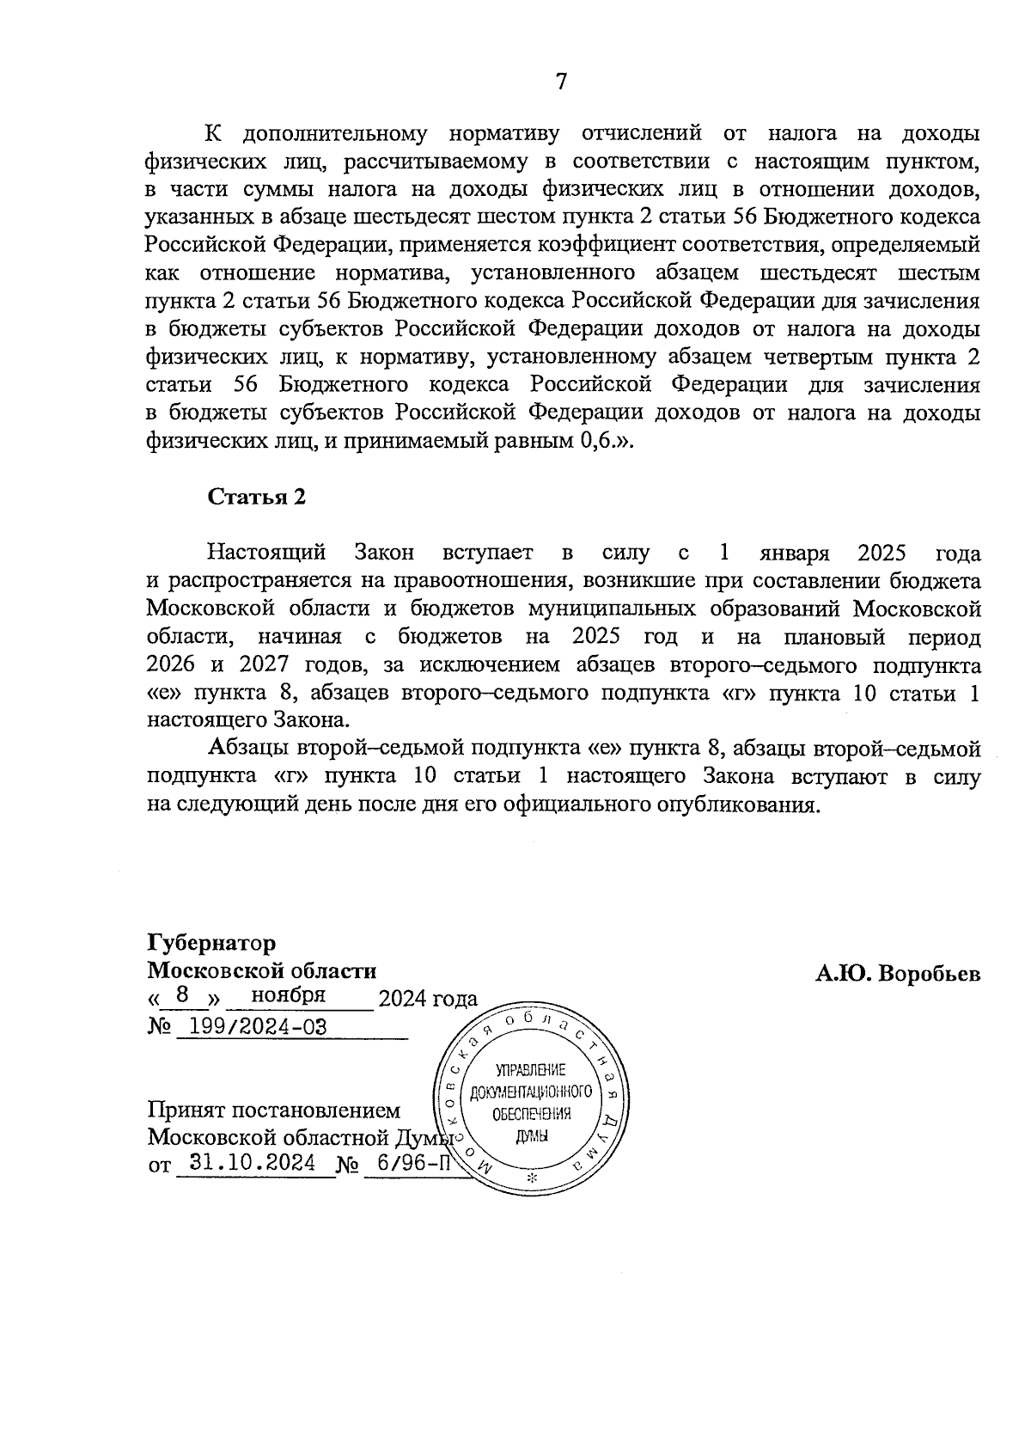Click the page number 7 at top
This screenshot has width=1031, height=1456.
tap(561, 82)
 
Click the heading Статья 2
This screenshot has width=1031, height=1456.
tap(257, 497)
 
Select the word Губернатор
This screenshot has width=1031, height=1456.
tap(211, 943)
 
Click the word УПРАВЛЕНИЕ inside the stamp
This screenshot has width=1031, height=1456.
tap(531, 1071)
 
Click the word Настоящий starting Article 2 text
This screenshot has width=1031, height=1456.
tap(266, 552)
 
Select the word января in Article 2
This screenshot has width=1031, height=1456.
tap(794, 552)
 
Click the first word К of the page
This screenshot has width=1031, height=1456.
tap(211, 134)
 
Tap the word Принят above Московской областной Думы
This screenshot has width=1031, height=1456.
tap(185, 1110)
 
